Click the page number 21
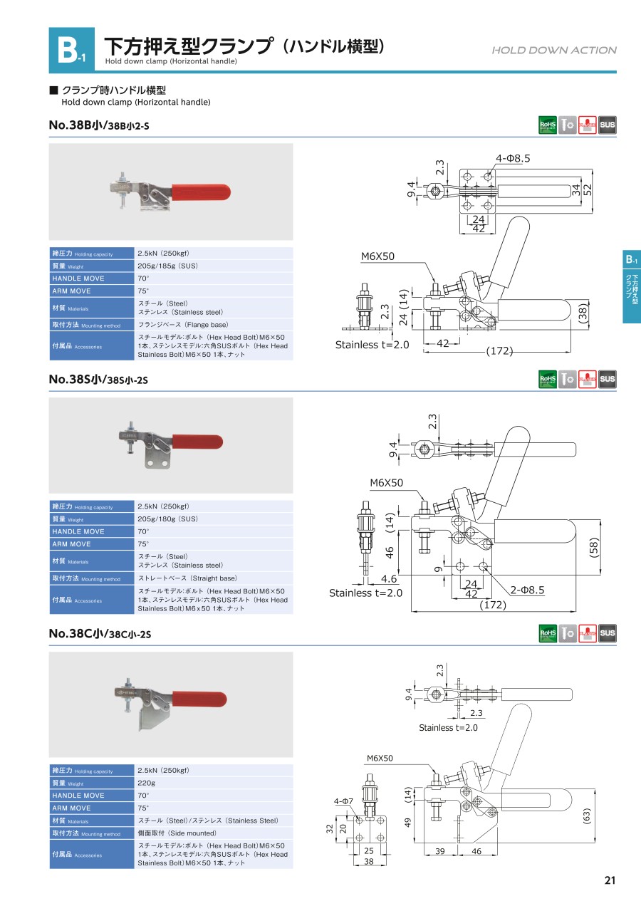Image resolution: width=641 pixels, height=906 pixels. coord(610,880)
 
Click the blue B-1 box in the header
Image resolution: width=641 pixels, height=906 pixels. coord(71,50)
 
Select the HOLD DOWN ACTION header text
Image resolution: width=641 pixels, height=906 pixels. coord(553,50)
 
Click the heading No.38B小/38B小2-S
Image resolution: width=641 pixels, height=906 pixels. coord(99,125)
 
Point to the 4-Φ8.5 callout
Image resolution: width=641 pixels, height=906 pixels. coord(513,158)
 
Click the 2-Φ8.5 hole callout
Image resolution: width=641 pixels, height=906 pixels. coord(527,590)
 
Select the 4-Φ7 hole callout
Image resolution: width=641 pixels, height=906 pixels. coord(345,802)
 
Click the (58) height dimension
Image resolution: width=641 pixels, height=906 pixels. coord(595,547)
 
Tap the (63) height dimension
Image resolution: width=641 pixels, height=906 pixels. coord(586,816)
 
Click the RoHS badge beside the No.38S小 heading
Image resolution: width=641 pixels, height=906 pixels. coord(548,380)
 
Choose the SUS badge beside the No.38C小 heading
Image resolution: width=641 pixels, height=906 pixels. coord(608,632)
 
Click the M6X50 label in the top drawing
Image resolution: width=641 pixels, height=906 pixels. coord(377,256)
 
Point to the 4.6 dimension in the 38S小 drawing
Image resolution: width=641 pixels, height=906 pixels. coord(389,579)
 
